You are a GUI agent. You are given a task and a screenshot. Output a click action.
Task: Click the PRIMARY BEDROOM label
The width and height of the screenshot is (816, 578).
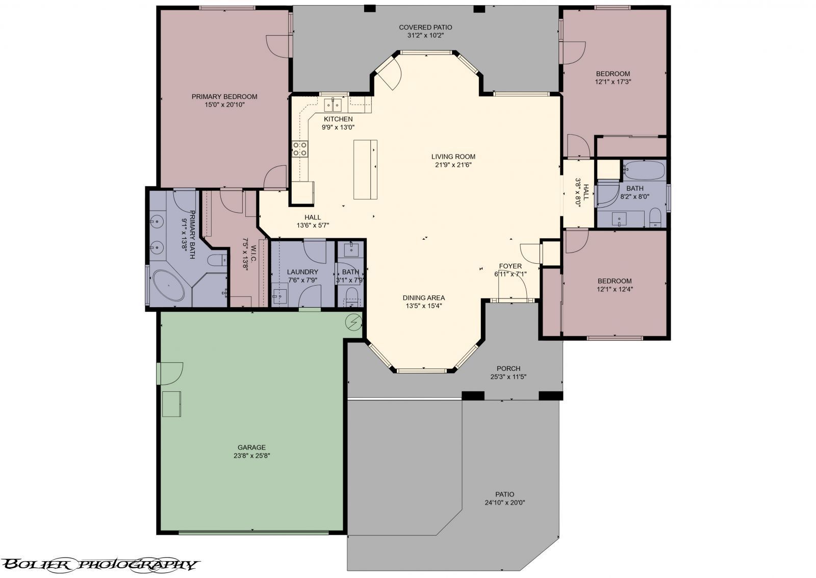[224, 96]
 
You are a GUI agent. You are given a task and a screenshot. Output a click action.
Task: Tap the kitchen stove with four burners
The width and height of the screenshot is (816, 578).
[300, 148]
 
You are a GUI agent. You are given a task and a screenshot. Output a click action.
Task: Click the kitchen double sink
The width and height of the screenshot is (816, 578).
[333, 105]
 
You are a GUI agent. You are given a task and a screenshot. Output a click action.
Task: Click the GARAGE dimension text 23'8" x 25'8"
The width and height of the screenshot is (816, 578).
[251, 456]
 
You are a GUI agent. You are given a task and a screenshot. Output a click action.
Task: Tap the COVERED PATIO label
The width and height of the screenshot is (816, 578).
[425, 28]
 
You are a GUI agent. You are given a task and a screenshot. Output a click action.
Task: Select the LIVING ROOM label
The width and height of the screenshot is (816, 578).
[453, 157]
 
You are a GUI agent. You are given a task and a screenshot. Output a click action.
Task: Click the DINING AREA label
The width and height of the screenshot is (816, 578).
[424, 298]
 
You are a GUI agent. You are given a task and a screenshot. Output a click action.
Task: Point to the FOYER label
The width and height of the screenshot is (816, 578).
[510, 266]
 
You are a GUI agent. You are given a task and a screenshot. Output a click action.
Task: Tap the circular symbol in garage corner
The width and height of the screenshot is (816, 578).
[353, 321]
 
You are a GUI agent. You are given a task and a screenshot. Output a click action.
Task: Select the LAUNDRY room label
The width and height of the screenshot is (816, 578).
[302, 272]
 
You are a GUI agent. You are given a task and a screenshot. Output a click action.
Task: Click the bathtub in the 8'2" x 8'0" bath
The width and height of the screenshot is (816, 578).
[644, 170]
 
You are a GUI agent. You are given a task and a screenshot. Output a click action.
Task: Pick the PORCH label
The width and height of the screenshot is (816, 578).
[508, 368]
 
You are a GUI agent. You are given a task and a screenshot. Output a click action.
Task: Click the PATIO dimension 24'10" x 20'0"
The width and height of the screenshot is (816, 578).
[504, 502]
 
